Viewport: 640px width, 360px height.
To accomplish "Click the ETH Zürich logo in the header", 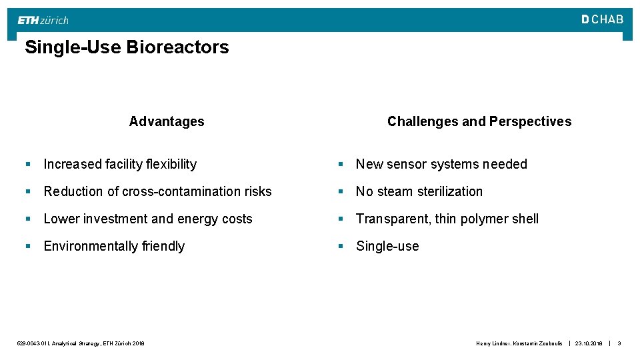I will tap(43, 20).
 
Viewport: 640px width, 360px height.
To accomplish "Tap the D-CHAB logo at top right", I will tap(602, 19).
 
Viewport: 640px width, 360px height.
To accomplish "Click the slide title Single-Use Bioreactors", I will tap(127, 47).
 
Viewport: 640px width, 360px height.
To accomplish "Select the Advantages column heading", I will tap(167, 121).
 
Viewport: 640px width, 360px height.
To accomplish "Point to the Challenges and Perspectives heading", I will tap(479, 121).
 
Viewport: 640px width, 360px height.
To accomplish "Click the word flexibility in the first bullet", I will tap(167, 164).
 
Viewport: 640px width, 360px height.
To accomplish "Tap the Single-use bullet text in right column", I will tap(387, 246).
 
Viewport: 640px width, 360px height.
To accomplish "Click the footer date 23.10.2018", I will tap(589, 343).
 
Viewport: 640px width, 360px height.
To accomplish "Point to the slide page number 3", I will tap(619, 343).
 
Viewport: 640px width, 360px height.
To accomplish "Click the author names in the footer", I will tap(519, 343).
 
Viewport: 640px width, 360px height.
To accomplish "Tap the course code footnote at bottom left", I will tap(81, 343).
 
